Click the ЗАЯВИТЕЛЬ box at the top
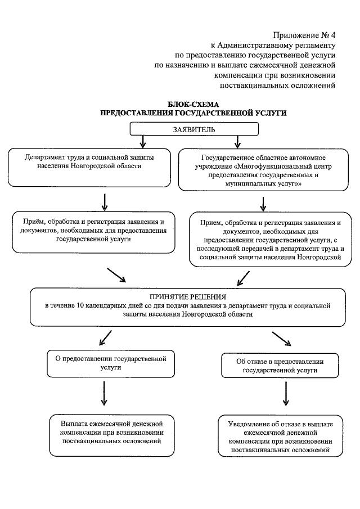coord(194,129)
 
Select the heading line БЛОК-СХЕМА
coord(193,105)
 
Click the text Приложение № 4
coord(304,35)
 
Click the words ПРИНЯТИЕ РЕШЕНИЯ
coord(188,296)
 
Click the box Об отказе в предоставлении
coord(280,366)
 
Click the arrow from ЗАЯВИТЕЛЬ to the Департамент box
coord(143,141)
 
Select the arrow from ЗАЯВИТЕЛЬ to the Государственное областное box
coord(237,141)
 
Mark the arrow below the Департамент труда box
coord(105,201)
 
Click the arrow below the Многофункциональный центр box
coord(263,202)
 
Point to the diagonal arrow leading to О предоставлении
coord(104,338)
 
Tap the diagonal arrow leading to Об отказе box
coord(281,339)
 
